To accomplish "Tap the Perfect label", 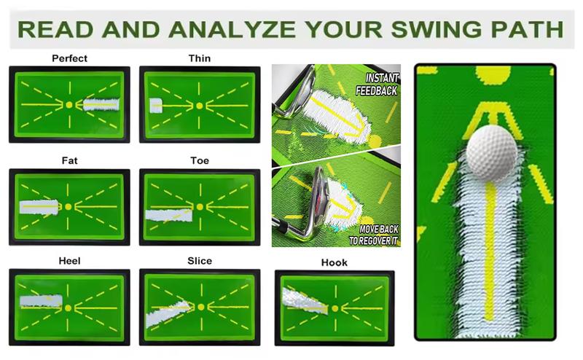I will (70, 58).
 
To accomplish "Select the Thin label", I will (200, 58).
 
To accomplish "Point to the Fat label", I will (70, 160).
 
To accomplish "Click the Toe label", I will (200, 160).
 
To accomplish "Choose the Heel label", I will (70, 261).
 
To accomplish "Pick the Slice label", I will (200, 261).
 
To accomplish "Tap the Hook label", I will (334, 262).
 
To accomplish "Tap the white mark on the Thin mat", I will (156, 106).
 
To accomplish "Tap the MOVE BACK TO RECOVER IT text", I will (374, 234).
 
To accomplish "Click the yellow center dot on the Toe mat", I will (199, 207).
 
